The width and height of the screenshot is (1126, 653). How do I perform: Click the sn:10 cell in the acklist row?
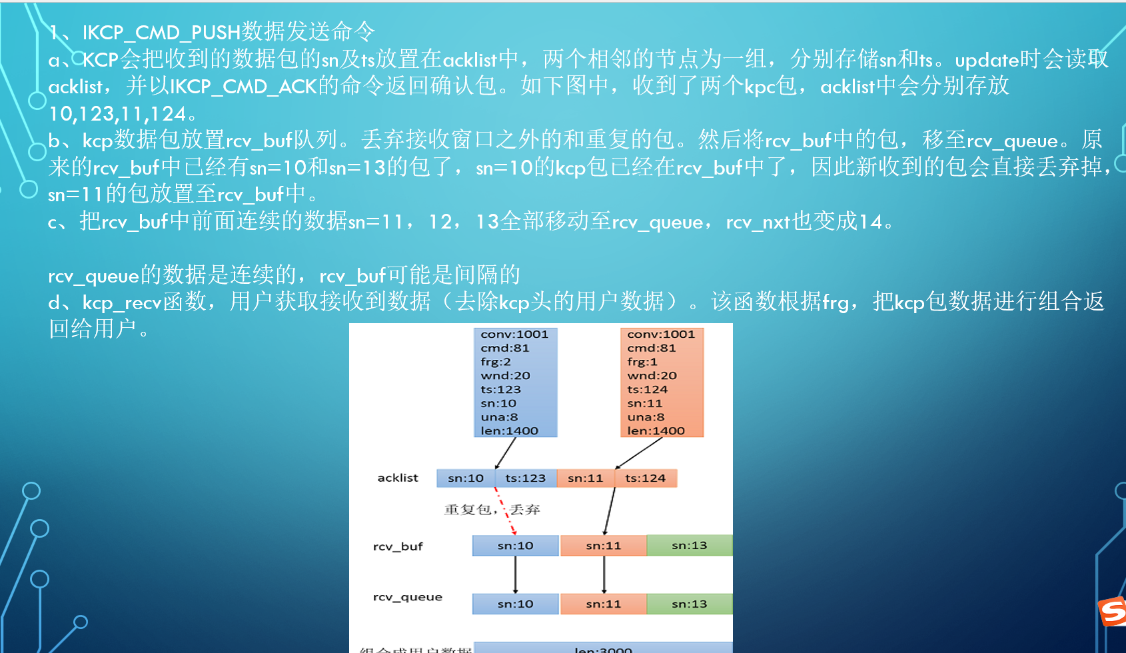click(x=466, y=478)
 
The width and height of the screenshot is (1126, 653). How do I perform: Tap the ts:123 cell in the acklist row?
click(x=525, y=478)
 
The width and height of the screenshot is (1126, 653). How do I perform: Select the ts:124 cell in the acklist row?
click(x=645, y=478)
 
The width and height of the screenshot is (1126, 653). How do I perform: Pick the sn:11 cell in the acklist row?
click(x=585, y=478)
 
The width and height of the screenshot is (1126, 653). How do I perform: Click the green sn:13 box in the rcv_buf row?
click(x=689, y=545)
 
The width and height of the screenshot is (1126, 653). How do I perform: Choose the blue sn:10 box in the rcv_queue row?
click(x=515, y=604)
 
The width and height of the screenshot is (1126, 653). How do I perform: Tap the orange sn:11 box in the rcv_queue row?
click(x=603, y=604)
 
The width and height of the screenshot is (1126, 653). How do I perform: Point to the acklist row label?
click(x=398, y=478)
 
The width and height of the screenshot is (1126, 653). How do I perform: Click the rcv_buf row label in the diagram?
click(x=398, y=546)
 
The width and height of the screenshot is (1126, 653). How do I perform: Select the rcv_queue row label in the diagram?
click(x=407, y=597)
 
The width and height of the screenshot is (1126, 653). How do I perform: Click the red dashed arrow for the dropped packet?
click(x=505, y=511)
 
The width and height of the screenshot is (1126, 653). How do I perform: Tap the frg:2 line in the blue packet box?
click(x=496, y=362)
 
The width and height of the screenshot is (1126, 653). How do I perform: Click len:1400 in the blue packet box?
click(x=509, y=431)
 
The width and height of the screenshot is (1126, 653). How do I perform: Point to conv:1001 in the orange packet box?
click(x=660, y=334)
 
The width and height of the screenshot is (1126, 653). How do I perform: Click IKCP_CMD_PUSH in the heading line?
click(x=161, y=32)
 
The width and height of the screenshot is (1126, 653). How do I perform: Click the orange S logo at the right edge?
click(x=1112, y=611)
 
